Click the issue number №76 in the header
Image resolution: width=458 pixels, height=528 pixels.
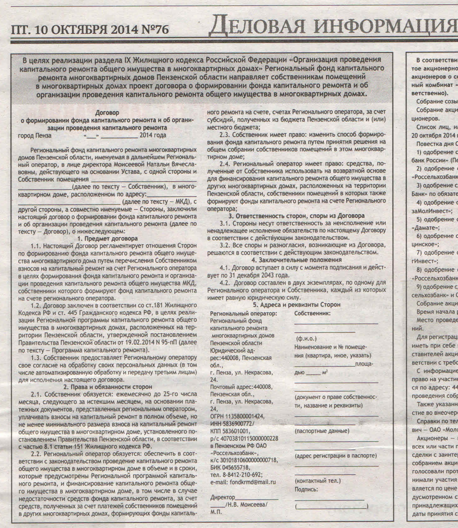point(156,29)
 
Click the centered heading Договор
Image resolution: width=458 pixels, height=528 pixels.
point(107,113)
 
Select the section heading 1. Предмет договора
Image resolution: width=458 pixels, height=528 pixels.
point(107,239)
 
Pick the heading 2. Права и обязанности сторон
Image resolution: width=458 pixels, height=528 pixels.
point(108,387)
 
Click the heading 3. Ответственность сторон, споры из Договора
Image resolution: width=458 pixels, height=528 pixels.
point(296,216)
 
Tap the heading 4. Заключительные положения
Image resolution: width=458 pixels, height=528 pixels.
point(296,260)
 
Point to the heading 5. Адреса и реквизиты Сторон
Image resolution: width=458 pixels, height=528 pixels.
point(296,305)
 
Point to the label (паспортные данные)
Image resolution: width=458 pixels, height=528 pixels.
point(322,431)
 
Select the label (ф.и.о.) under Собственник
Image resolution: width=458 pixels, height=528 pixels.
point(306,339)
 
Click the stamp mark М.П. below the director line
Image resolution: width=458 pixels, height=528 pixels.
point(216,512)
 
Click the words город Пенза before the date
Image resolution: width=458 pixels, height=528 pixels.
point(35,136)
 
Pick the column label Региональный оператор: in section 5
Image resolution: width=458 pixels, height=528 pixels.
point(243,313)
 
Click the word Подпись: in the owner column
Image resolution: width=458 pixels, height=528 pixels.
point(306,489)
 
